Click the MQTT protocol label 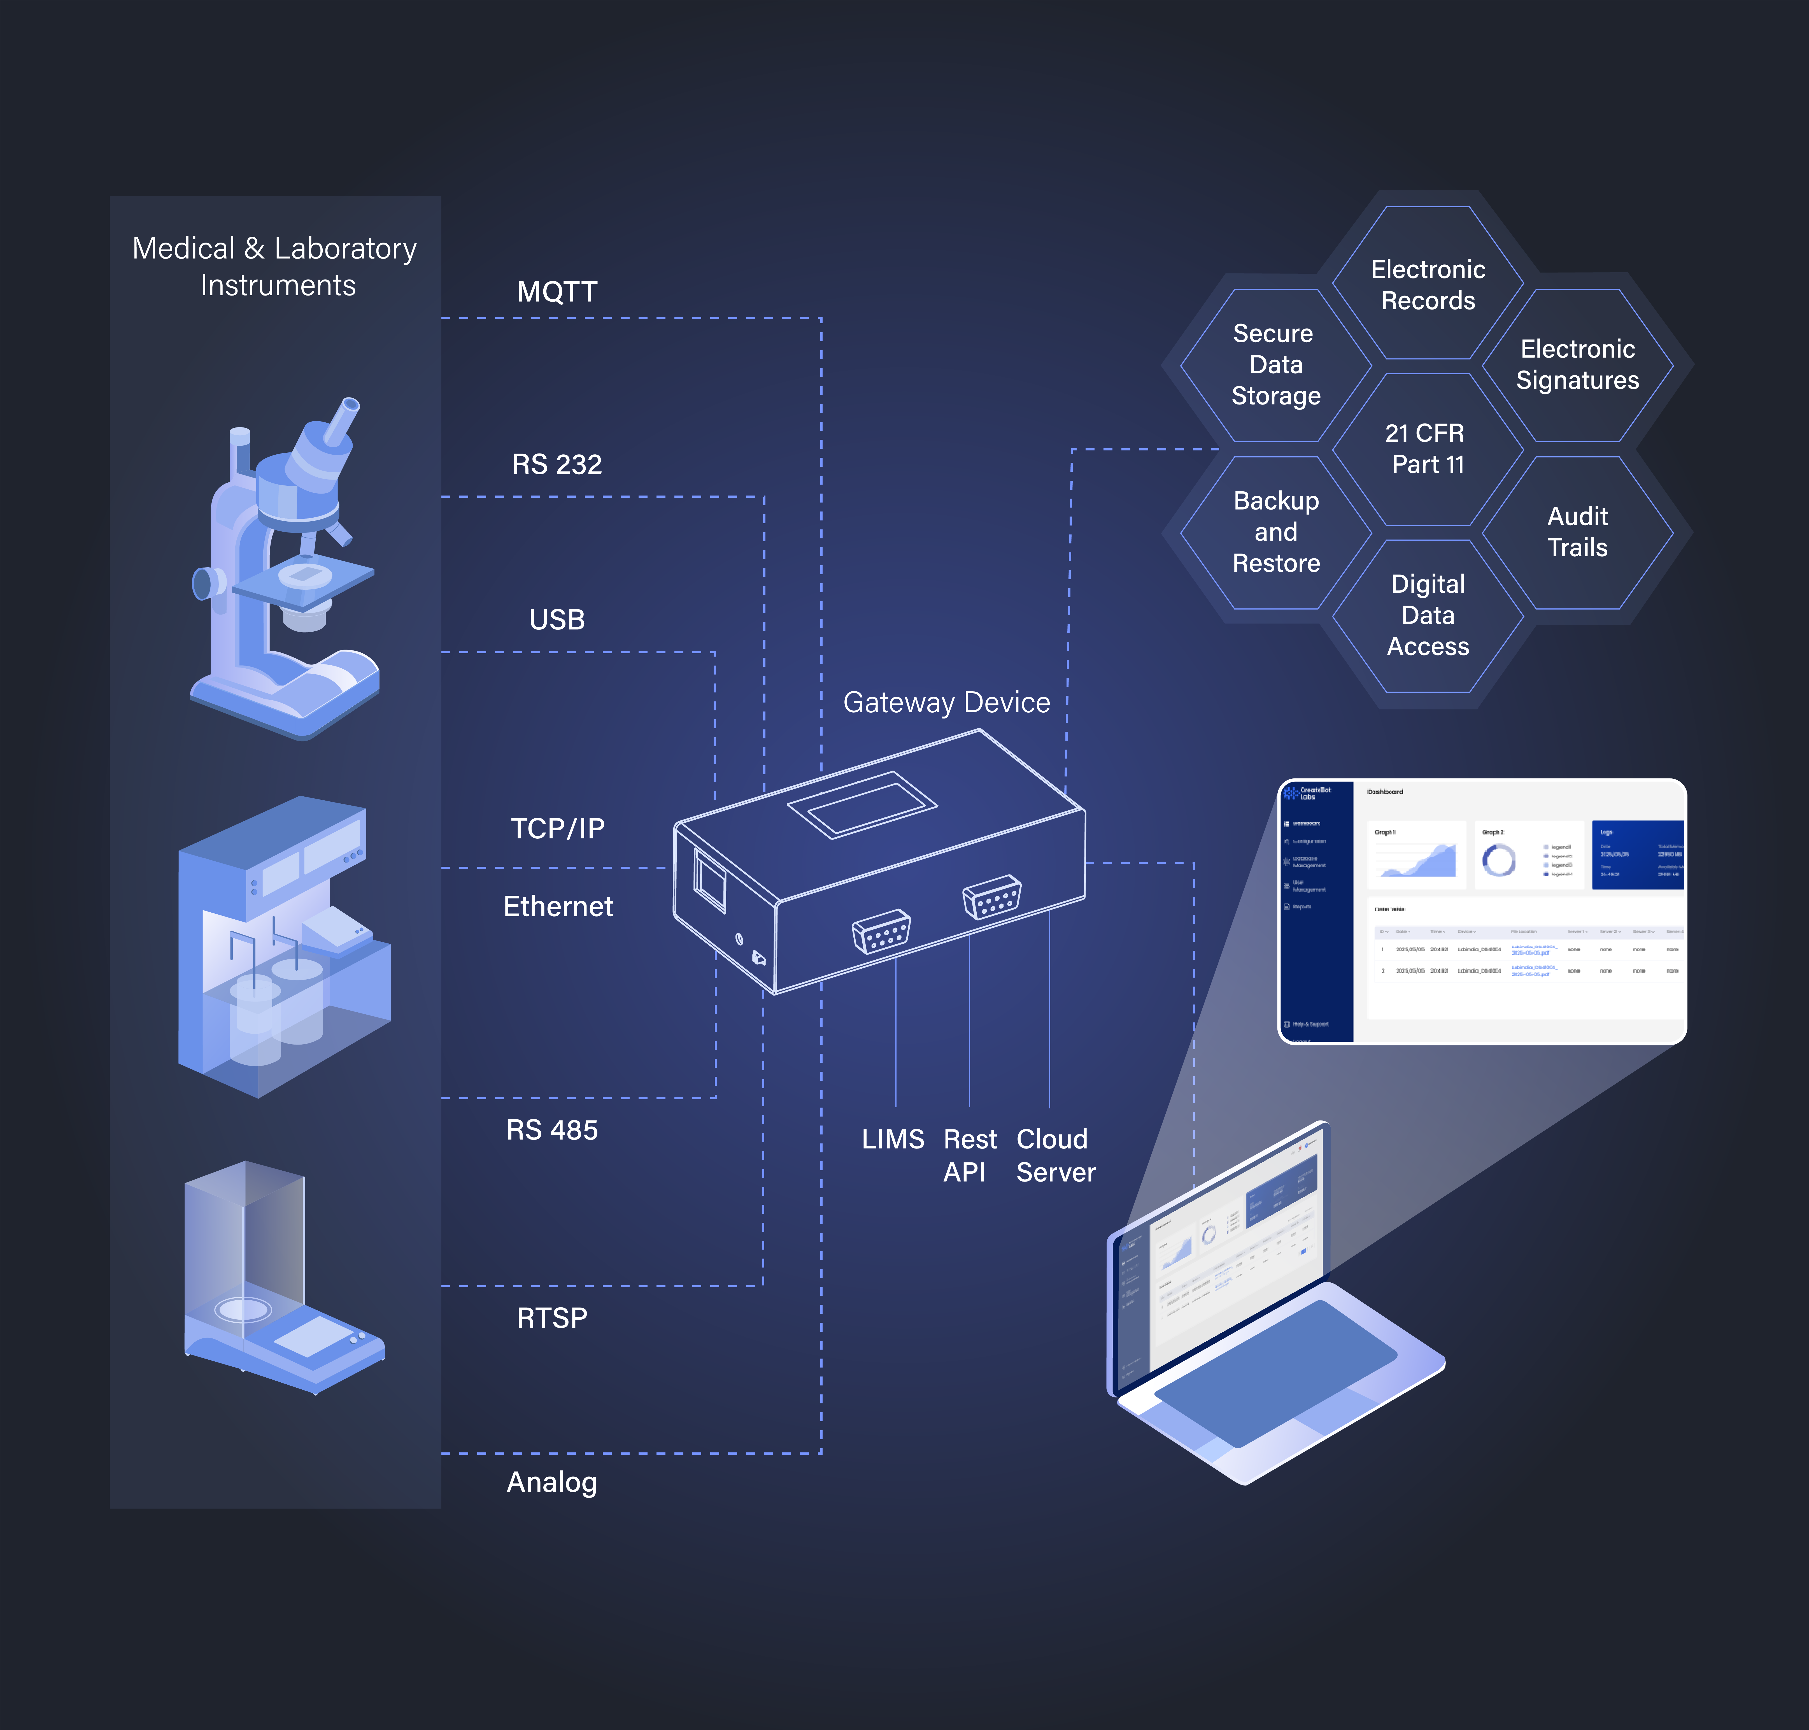coord(557,292)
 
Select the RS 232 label coord(557,464)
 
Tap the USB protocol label coord(557,620)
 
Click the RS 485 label coord(552,1130)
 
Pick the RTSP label coord(551,1318)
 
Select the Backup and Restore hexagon coord(1276,532)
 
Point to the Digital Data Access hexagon coord(1427,615)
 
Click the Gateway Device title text coord(946,703)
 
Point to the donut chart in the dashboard coord(1498,859)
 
